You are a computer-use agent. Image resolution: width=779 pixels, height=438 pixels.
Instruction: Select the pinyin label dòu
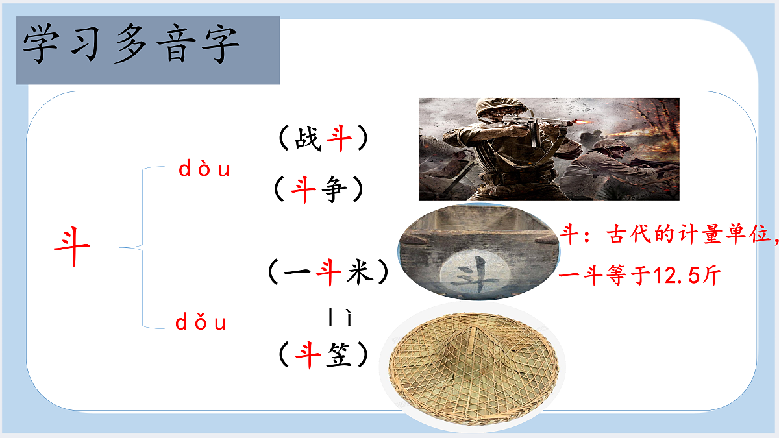tap(204, 170)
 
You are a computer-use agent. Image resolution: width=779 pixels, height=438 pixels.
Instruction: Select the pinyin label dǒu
tap(201, 322)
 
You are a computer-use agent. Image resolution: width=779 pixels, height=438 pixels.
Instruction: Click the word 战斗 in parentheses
tap(323, 139)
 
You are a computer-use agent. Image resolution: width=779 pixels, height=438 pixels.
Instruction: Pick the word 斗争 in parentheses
tap(318, 191)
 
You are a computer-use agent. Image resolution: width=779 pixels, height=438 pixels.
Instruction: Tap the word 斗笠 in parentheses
tap(323, 354)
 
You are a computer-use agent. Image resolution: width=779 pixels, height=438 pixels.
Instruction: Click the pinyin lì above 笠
tap(340, 318)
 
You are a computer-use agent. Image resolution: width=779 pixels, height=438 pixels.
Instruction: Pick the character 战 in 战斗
tap(308, 139)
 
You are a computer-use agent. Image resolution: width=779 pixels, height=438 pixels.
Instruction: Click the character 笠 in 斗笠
tap(338, 354)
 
